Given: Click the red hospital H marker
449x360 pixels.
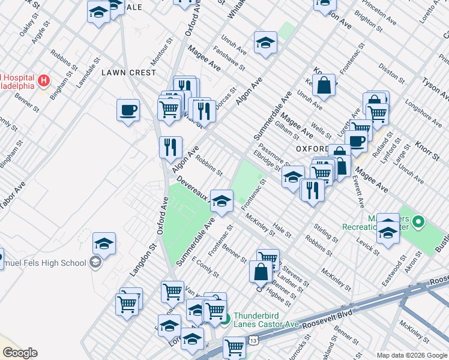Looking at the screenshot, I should pos(43,80).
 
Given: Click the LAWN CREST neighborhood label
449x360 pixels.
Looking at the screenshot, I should pos(128,73).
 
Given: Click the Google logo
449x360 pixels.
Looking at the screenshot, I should pos(19,353).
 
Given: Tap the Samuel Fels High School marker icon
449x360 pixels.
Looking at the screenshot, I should pos(95,263).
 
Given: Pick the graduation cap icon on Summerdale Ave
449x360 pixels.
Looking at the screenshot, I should pos(221,202).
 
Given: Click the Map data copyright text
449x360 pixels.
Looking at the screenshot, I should pos(411,355).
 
